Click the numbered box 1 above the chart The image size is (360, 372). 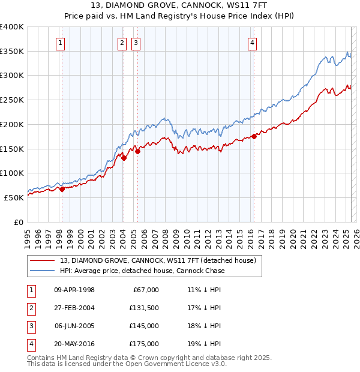tap(61, 43)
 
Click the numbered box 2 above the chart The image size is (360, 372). tap(122, 43)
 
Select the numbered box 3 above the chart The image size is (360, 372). tap(136, 43)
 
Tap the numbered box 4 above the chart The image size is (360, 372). tap(253, 43)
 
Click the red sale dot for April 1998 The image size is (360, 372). tap(62, 189)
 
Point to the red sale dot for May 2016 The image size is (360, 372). tap(254, 136)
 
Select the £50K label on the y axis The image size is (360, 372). tap(14, 197)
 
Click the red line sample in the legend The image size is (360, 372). tap(43, 260)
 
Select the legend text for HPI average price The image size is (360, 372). tap(142, 271)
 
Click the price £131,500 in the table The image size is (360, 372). tap(144, 308)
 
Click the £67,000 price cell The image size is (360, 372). tap(146, 290)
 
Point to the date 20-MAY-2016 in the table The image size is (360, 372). tap(74, 344)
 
